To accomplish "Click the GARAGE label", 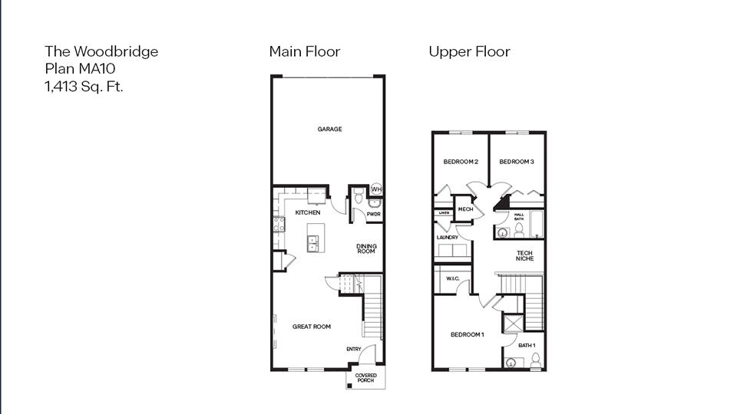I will pos(330,129).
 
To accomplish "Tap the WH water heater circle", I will pos(376,189).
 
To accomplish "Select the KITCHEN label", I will pos(308,212).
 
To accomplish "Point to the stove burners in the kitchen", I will pos(279,224).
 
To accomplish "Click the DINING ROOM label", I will pos(366,249).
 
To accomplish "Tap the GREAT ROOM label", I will pos(312,327).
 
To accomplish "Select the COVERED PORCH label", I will pos(365,378).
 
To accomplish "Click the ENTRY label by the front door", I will pos(353,350).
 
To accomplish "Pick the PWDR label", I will pos(374,214).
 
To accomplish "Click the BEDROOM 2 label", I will pos(461,162).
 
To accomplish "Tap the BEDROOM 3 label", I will pos(517,162).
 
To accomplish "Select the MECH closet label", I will pos(465,209).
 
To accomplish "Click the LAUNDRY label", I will pos(448,238).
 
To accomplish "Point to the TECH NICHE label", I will pos(524,256).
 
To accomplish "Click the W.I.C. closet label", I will pos(453,278).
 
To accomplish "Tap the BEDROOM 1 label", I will pos(467,335).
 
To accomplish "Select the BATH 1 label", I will pos(527,345).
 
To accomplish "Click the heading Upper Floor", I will pos(469,52).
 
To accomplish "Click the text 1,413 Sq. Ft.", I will pos(84,86).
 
